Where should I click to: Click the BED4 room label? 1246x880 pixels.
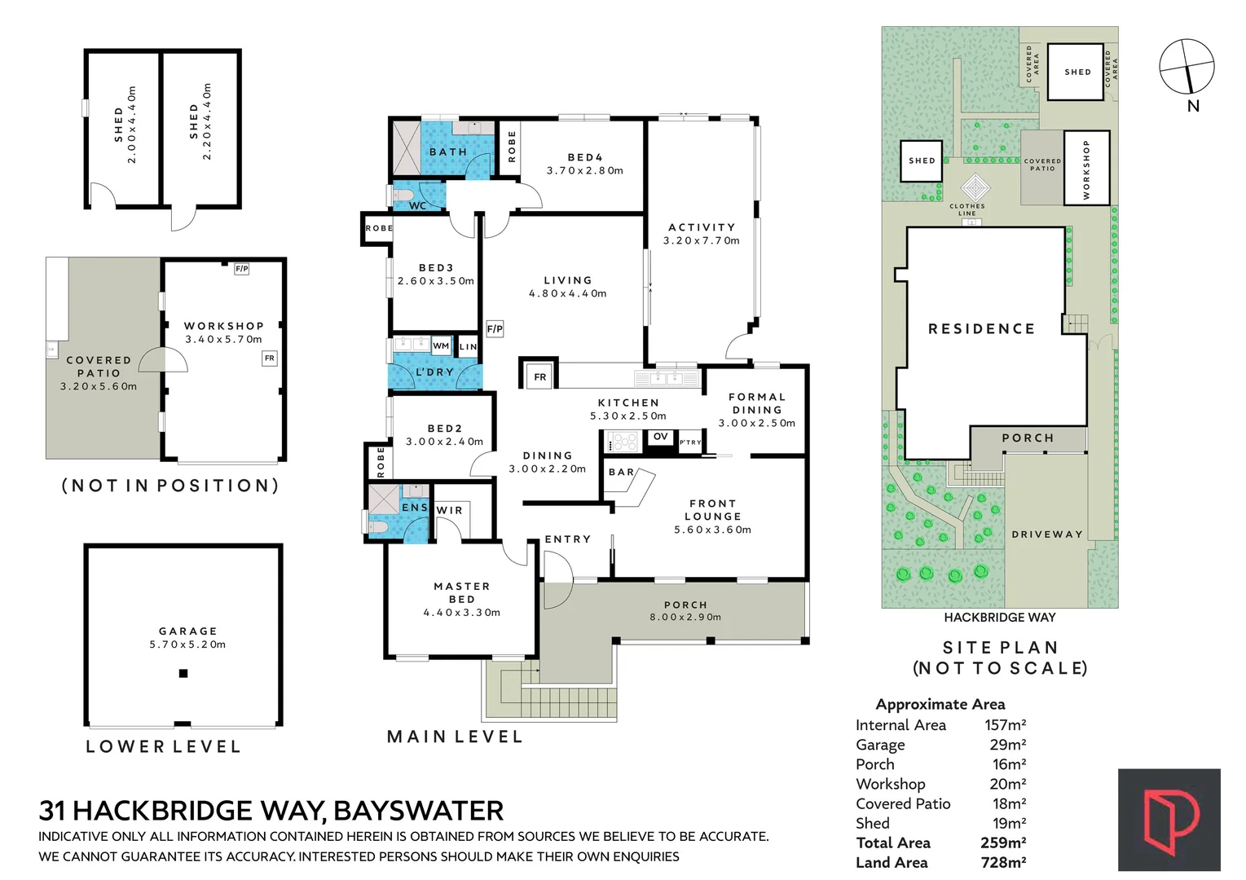pos(584,158)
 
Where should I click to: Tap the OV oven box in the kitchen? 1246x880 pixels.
pos(660,438)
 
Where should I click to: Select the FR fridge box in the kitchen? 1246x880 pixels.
pos(540,377)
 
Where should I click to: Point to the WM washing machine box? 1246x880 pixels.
pos(441,346)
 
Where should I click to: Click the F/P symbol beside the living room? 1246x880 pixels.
pos(495,328)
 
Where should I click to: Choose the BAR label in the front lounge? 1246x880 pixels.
pos(621,473)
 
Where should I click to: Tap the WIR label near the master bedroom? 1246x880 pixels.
pos(450,511)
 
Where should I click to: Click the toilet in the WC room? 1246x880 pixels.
pos(403,196)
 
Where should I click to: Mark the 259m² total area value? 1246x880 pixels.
pos(1003,843)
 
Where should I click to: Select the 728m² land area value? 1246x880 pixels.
pos(1003,863)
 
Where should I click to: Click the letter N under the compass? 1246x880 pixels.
pos(1192,106)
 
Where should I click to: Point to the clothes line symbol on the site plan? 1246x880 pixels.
pos(975,188)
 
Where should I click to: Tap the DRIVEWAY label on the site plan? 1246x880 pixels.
pos(1047,535)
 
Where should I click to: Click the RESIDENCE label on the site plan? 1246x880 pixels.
pos(981,328)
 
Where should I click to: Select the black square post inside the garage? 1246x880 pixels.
pos(183,674)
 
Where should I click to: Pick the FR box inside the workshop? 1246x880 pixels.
pos(269,359)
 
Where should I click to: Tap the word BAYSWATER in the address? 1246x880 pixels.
pos(418,811)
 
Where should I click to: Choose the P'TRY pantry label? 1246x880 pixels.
pos(690,442)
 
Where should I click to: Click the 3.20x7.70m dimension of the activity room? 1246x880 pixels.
pos(702,241)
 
